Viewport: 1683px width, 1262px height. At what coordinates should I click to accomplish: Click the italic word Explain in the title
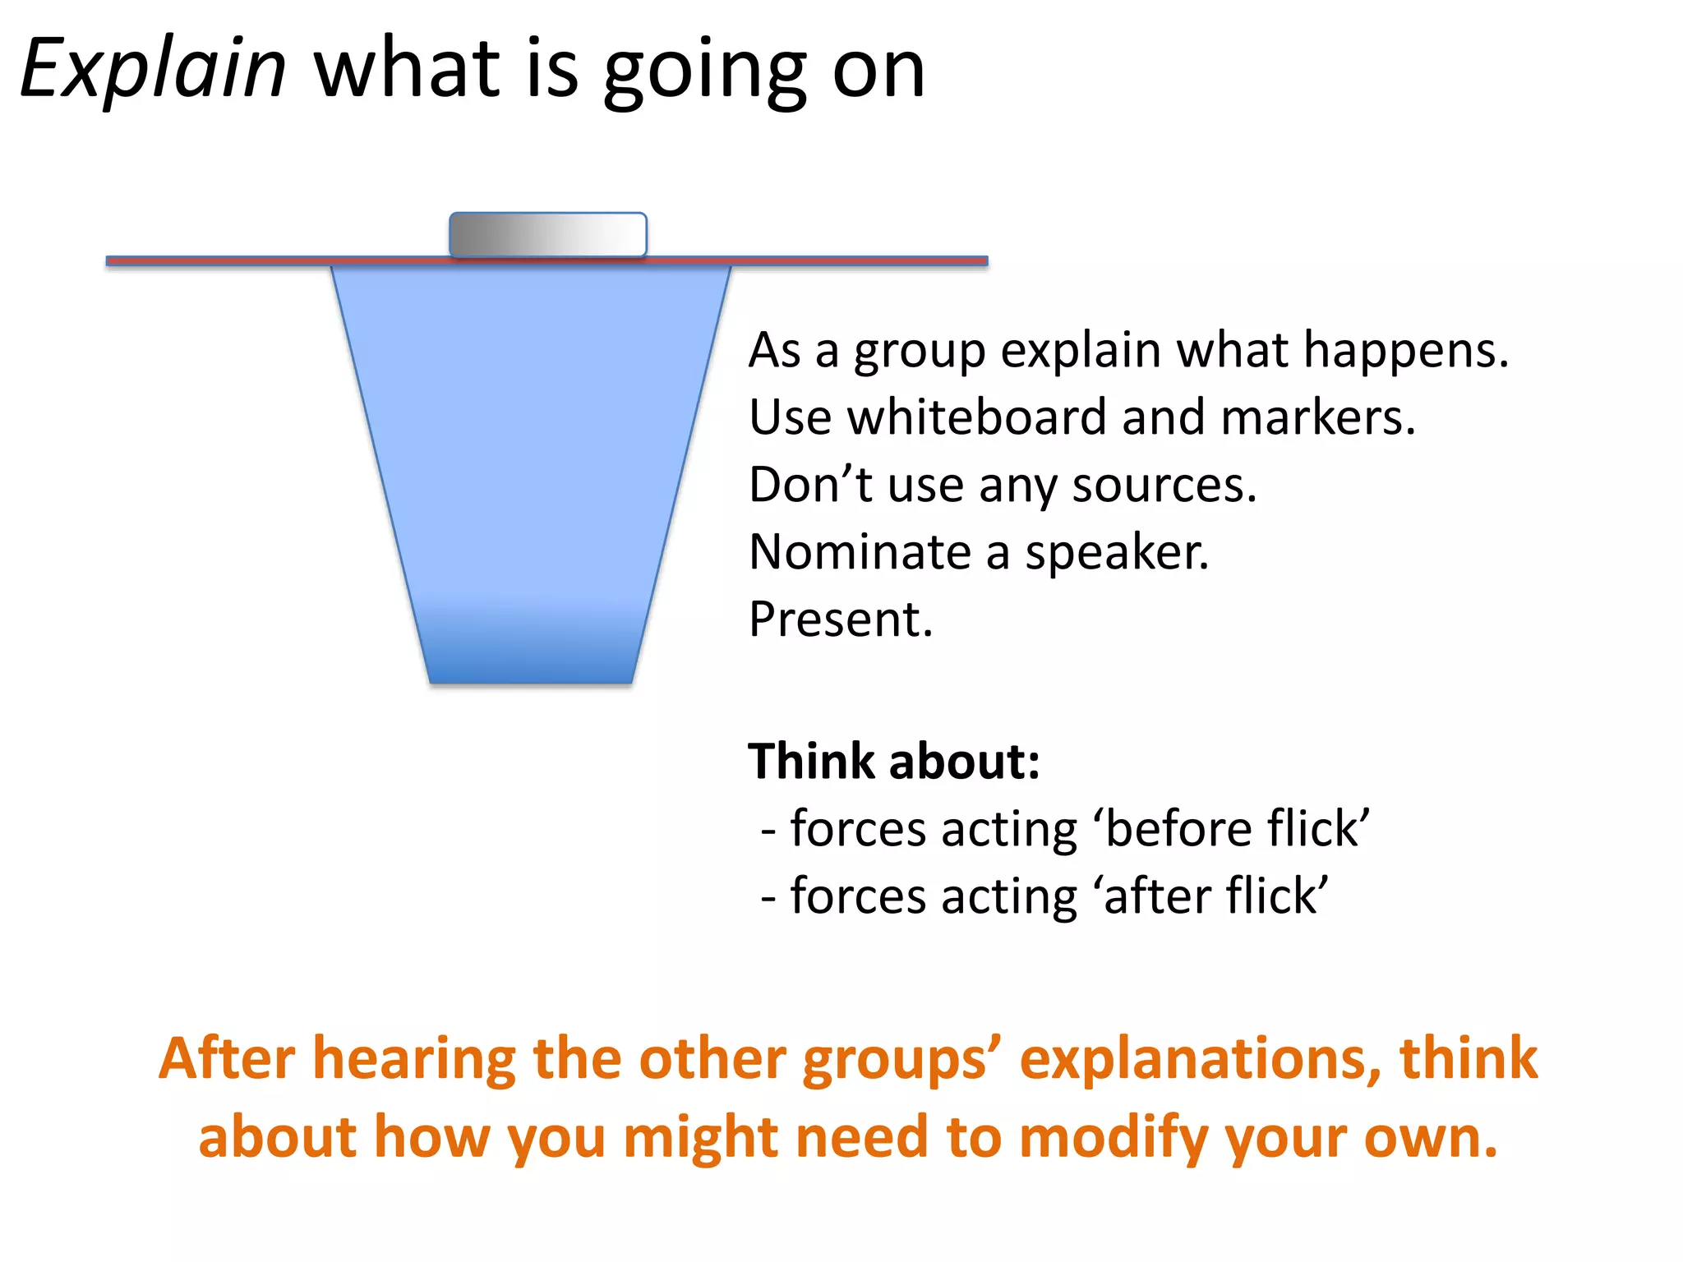[x=153, y=71]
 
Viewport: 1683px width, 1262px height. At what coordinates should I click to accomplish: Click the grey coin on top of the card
[x=547, y=235]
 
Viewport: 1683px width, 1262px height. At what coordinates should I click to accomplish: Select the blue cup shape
[x=531, y=435]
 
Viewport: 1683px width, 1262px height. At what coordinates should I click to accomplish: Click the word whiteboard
[x=977, y=417]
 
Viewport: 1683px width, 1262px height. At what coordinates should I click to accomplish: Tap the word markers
[x=1318, y=417]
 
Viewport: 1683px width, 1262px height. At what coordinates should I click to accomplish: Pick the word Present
[x=841, y=619]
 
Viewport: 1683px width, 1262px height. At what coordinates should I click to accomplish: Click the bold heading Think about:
[x=893, y=761]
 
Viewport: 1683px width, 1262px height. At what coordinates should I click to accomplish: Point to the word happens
[x=1405, y=352]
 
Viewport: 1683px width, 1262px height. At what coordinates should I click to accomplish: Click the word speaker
[x=1117, y=552]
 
